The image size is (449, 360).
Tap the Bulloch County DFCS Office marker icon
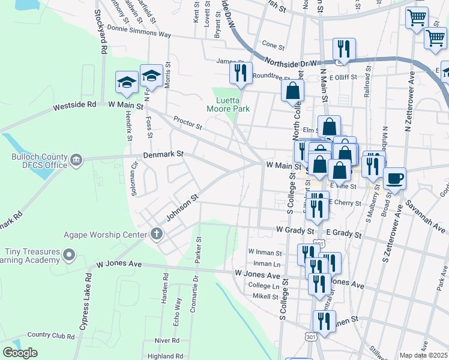76,160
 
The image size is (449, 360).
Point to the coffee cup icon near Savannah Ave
394,178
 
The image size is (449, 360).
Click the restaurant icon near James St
240,73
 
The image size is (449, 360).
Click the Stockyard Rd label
103,41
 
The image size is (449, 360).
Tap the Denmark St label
163,154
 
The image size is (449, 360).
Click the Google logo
20,353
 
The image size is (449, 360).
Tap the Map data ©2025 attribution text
424,355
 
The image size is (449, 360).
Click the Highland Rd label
161,356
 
